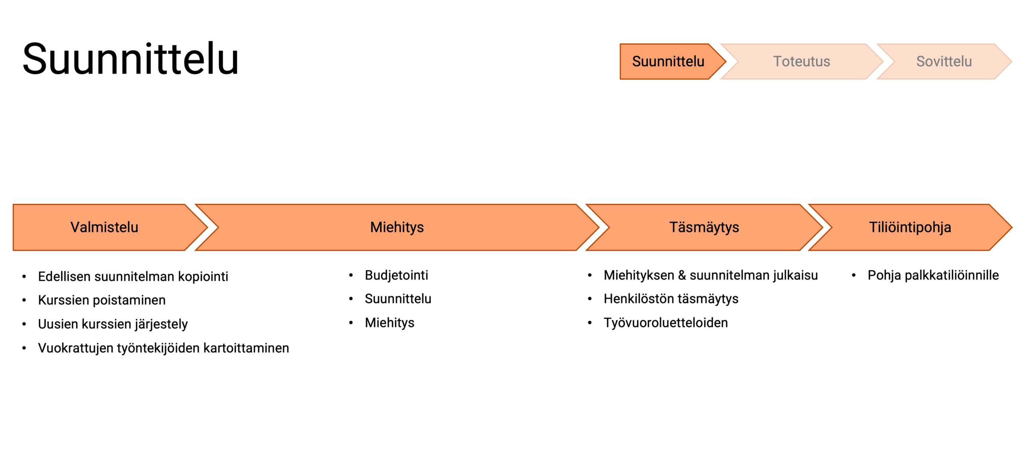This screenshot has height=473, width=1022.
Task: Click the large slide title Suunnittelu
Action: pyautogui.click(x=131, y=59)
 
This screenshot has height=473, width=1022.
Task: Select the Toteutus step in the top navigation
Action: pyautogui.click(x=802, y=61)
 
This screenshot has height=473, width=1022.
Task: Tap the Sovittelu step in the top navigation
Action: pyautogui.click(x=944, y=61)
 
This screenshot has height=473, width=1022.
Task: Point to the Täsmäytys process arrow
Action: pyautogui.click(x=704, y=227)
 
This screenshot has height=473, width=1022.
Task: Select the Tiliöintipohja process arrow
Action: pyautogui.click(x=910, y=227)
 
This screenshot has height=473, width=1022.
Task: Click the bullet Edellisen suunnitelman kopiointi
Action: pyautogui.click(x=133, y=276)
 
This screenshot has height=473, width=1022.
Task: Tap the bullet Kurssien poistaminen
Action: pyautogui.click(x=102, y=300)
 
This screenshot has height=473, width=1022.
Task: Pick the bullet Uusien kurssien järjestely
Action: pyautogui.click(x=113, y=324)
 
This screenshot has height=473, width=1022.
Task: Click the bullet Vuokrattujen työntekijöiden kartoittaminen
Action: pyautogui.click(x=163, y=348)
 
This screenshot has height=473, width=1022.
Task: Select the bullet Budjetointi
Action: pyautogui.click(x=396, y=275)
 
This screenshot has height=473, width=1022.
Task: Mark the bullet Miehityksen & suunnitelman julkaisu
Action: pyautogui.click(x=711, y=275)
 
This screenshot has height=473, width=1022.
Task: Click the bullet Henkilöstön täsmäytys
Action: pyautogui.click(x=671, y=299)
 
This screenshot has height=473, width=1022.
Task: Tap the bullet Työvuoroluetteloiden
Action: pyautogui.click(x=666, y=323)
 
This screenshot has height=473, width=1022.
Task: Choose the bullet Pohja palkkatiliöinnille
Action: pyautogui.click(x=933, y=275)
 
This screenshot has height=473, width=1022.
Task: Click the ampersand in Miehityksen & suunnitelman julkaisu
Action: pyautogui.click(x=682, y=275)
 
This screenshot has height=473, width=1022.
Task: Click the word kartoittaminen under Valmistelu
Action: pyautogui.click(x=246, y=348)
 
